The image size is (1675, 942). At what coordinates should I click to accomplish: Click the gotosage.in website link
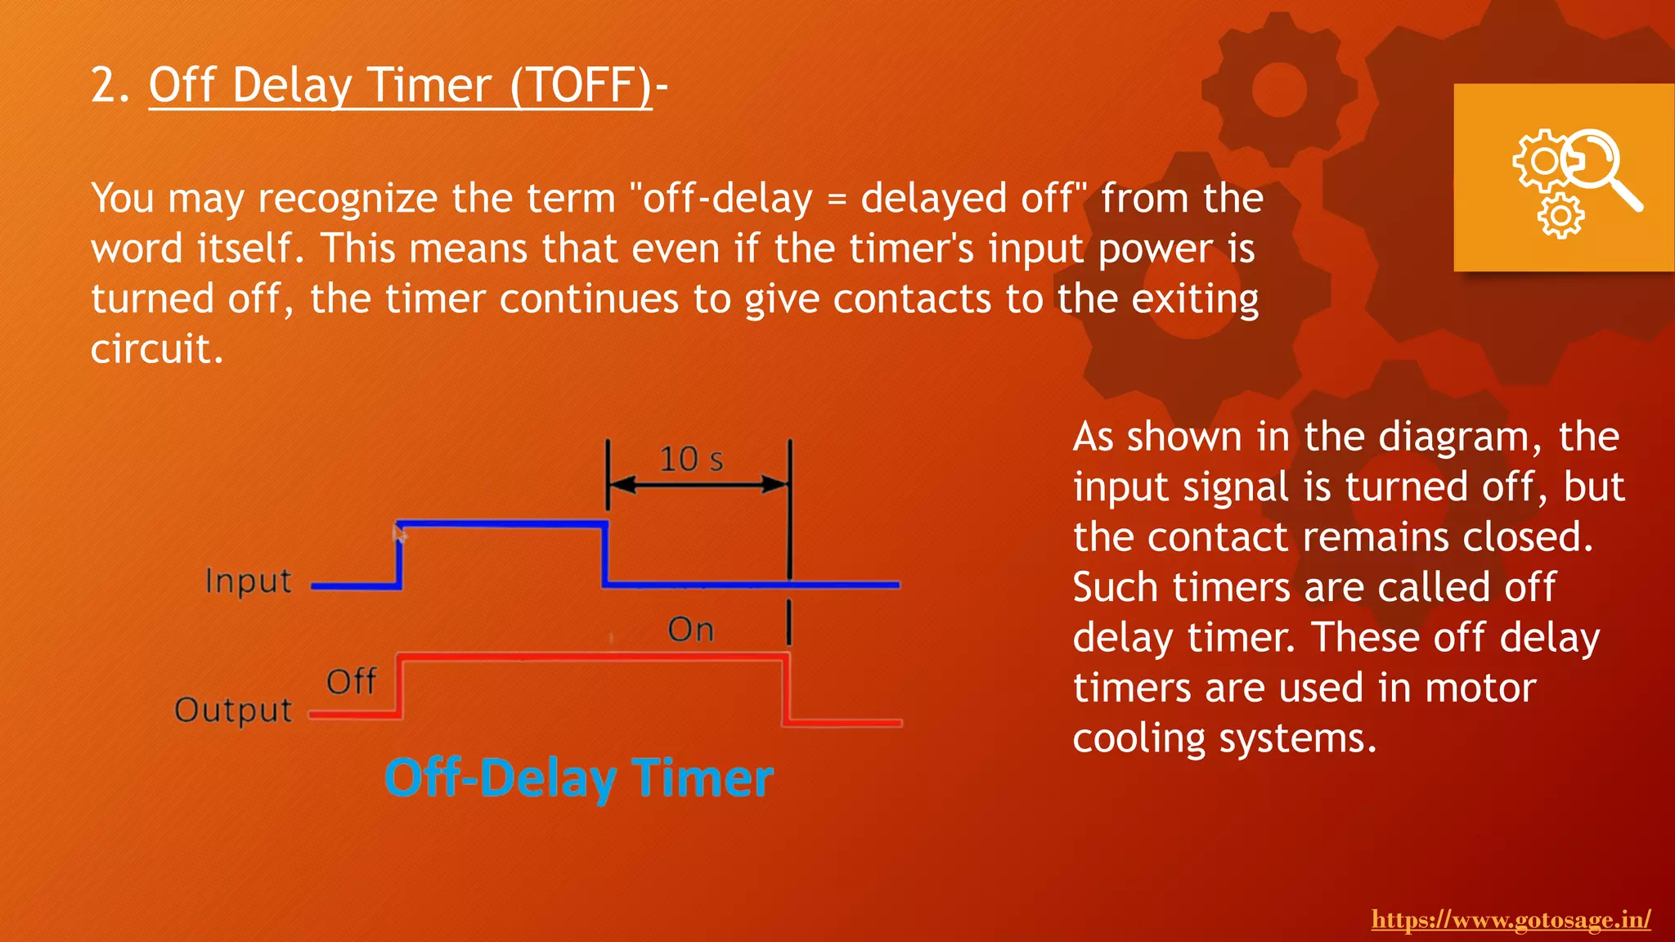click(1511, 920)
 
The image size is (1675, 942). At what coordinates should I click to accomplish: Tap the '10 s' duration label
click(691, 460)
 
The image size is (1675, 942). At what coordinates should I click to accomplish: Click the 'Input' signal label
click(248, 581)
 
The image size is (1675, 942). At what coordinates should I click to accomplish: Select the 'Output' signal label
click(233, 710)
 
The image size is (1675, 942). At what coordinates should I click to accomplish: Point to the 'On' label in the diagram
click(691, 630)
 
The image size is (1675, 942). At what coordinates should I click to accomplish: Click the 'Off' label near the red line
click(351, 681)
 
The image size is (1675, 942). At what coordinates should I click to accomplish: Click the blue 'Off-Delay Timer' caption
click(579, 778)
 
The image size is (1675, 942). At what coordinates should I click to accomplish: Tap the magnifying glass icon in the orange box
click(1603, 168)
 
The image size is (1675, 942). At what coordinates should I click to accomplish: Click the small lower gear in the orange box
click(1560, 216)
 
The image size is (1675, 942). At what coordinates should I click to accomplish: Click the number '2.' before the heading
click(110, 85)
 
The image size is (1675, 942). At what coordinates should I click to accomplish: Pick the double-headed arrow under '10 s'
click(698, 485)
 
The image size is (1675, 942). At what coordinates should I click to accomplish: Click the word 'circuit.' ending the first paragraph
click(156, 349)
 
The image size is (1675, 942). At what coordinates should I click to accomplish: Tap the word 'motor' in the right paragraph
click(1480, 688)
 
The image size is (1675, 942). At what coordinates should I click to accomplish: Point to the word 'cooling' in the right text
click(1138, 738)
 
